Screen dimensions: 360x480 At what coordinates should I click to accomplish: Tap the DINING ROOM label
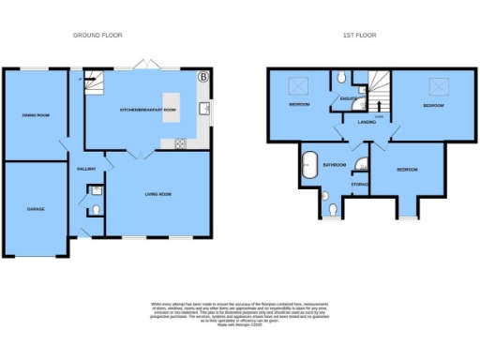click(36, 115)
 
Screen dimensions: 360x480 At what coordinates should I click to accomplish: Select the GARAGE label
click(35, 209)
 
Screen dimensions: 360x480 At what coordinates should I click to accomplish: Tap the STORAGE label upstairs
click(359, 185)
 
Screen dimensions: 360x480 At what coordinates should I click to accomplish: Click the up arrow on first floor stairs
click(378, 106)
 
